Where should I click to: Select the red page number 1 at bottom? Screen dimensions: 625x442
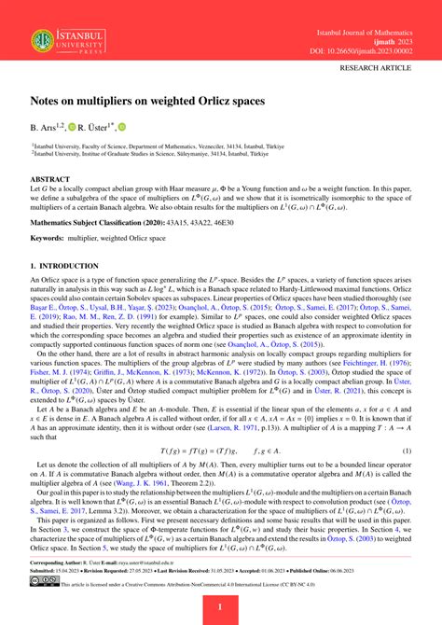click(220, 608)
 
